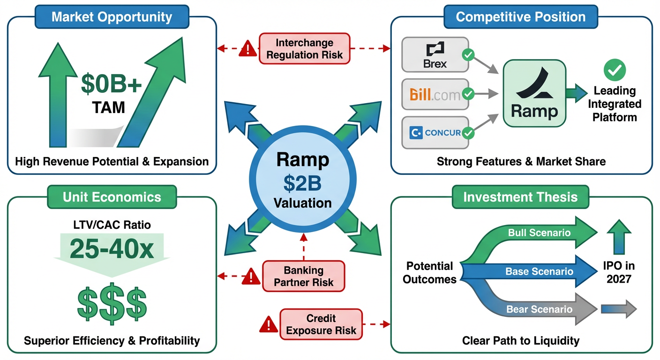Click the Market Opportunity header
pyautogui.click(x=112, y=17)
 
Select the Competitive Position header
pyautogui.click(x=520, y=17)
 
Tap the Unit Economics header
pyautogui.click(x=112, y=197)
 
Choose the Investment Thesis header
pyautogui.click(x=520, y=197)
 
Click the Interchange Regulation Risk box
pyautogui.click(x=305, y=48)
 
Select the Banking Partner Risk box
pyautogui.click(x=304, y=276)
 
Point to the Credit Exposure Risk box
pyautogui.click(x=321, y=324)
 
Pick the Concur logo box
pyautogui.click(x=435, y=133)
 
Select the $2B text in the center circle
pyautogui.click(x=303, y=183)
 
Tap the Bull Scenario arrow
pyautogui.click(x=539, y=232)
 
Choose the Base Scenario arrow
pyautogui.click(x=539, y=271)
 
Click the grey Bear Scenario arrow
pyautogui.click(x=539, y=309)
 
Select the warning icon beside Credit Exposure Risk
pyautogui.click(x=268, y=324)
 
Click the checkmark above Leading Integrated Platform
pyautogui.click(x=614, y=70)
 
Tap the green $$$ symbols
pyautogui.click(x=112, y=303)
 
